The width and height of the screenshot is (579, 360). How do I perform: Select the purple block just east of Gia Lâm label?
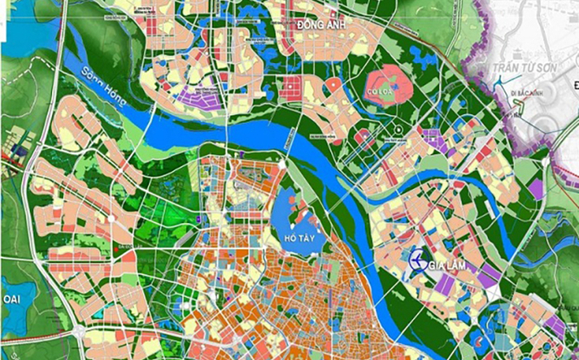489,276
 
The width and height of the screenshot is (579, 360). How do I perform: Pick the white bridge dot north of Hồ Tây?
282,163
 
